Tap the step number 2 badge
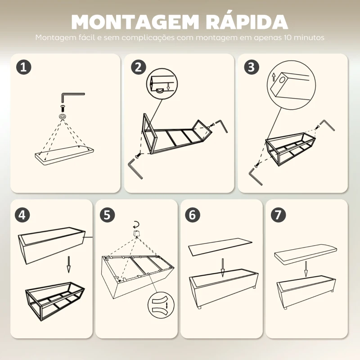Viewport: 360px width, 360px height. (x=139, y=67)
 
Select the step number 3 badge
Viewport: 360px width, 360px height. (x=252, y=67)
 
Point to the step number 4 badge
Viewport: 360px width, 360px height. (x=23, y=214)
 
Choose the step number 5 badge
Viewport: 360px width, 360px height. (x=107, y=214)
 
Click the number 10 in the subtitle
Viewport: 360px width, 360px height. (x=289, y=38)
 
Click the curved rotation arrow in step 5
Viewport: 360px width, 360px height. (x=136, y=224)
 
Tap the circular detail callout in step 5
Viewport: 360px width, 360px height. (x=161, y=306)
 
